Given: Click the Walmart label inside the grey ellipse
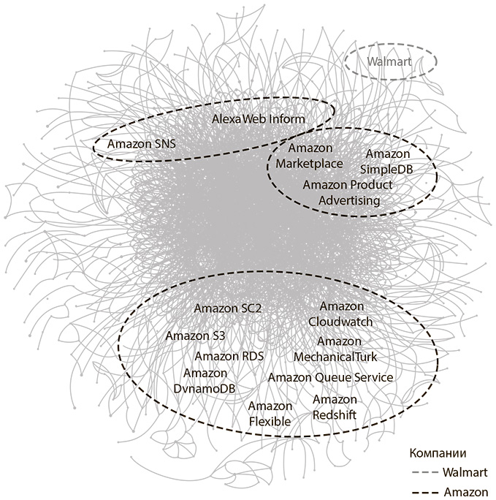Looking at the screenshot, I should pos(389,62).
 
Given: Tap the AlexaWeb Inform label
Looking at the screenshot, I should pos(259,118).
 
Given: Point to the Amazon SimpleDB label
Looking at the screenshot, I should pos(388,162).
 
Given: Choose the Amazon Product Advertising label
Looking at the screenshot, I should pos(348,192).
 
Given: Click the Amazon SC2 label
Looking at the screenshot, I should pos(228,308).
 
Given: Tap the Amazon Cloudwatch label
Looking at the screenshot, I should pos(341,314).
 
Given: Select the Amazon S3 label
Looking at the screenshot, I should pos(195,336).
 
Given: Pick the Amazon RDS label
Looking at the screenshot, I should pos(229,356).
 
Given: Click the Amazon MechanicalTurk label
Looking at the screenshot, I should pos(335,349).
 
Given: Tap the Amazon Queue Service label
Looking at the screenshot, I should pos(330,377).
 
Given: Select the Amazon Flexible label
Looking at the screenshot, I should pos(270,414).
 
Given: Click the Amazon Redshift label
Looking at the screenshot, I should pos(335,407).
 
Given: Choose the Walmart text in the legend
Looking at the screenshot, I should pos(460,472).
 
